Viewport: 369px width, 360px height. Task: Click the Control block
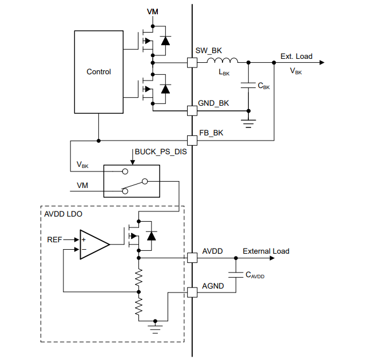point(98,72)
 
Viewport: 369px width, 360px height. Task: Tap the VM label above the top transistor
point(153,12)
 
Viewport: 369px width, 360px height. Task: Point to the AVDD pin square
point(192,258)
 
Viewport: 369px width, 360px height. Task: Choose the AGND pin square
point(192,292)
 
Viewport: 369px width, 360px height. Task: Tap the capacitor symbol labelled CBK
point(248,86)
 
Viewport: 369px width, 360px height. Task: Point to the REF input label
point(55,240)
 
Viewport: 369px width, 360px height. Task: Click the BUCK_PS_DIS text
point(161,153)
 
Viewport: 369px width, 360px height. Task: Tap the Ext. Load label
point(296,56)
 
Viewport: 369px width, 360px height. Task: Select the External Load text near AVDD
point(266,251)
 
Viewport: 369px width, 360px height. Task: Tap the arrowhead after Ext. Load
point(322,62)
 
